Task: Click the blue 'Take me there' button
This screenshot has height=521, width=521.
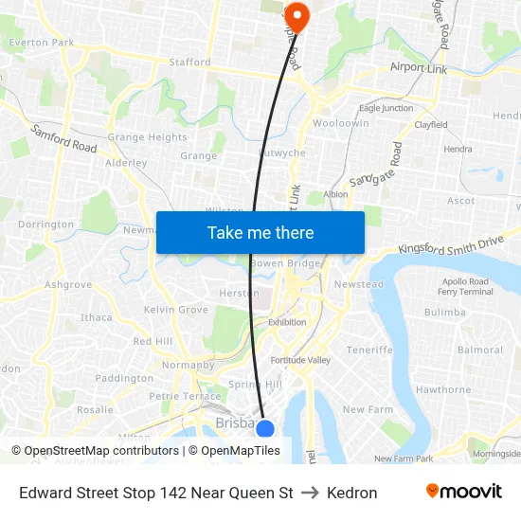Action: [260, 232]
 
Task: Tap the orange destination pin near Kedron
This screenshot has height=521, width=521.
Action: [296, 15]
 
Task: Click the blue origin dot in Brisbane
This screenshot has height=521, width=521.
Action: [265, 429]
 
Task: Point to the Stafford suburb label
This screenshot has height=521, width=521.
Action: [189, 63]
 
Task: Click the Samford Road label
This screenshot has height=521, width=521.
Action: [64, 138]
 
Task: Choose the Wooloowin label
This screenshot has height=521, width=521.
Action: [341, 124]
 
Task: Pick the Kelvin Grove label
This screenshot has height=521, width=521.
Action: [176, 310]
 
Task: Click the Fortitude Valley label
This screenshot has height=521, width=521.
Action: [300, 360]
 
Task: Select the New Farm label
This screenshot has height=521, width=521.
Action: [367, 409]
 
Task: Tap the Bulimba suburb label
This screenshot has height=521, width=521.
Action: [444, 312]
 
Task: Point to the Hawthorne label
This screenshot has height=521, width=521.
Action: [442, 389]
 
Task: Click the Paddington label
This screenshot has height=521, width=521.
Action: [124, 378]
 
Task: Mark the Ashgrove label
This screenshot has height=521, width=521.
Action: [68, 284]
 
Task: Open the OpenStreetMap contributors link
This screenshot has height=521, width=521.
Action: [101, 451]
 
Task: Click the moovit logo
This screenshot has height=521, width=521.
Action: [463, 492]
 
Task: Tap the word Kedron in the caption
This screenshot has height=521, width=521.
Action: [351, 493]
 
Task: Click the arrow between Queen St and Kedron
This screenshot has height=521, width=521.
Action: [310, 493]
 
